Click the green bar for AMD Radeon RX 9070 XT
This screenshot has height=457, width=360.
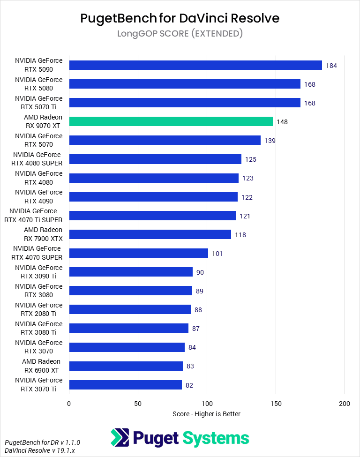171,121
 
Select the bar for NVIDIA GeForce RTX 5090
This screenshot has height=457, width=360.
195,65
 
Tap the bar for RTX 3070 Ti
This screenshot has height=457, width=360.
125,385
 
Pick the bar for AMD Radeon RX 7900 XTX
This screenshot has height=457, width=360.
150,234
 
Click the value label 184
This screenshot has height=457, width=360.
331,66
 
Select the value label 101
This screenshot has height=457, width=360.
217,254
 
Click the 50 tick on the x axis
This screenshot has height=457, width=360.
138,404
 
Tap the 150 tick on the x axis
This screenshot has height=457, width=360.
276,404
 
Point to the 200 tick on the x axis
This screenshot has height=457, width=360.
345,404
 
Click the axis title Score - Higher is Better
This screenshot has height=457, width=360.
206,414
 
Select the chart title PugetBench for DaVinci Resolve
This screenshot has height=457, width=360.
180,18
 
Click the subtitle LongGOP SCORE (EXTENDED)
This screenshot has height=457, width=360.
180,33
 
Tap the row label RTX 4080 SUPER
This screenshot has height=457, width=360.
37,159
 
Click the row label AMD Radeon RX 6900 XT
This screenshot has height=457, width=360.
41,366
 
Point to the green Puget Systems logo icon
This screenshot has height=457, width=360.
120,438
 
